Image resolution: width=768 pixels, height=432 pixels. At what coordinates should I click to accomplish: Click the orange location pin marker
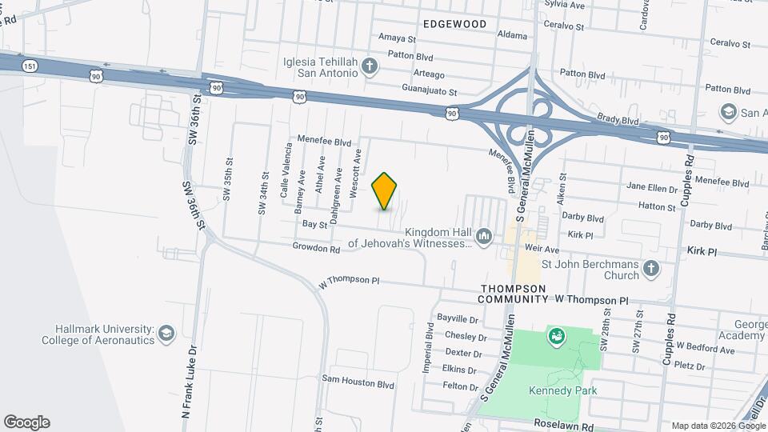385,190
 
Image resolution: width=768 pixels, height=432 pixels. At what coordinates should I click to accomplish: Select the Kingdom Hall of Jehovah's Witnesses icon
484,237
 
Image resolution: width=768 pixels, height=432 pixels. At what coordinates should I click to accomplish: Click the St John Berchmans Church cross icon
652,269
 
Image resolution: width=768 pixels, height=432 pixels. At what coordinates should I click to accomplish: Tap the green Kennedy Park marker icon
554,337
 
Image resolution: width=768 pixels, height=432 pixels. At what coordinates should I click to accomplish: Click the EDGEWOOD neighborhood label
454,24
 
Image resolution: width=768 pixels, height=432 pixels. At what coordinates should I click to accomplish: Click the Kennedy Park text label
563,390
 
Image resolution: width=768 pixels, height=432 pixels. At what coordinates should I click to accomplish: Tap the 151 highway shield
30,66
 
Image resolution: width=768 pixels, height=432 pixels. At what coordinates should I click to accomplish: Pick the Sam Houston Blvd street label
358,384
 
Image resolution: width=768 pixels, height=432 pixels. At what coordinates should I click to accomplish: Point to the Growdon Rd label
317,249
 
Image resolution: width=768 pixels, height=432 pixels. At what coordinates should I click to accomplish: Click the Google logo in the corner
26,422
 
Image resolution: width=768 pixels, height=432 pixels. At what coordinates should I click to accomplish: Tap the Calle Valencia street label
284,170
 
